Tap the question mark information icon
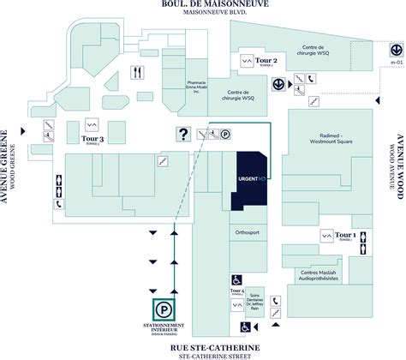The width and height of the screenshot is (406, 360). pyautogui.click(x=182, y=133)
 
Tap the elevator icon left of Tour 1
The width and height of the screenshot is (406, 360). pyautogui.click(x=326, y=235)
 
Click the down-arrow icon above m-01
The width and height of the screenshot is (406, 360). pyautogui.click(x=383, y=50)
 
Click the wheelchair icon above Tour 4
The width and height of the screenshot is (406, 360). pyautogui.click(x=236, y=279)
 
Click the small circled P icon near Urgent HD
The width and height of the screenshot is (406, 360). pyautogui.click(x=226, y=133)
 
